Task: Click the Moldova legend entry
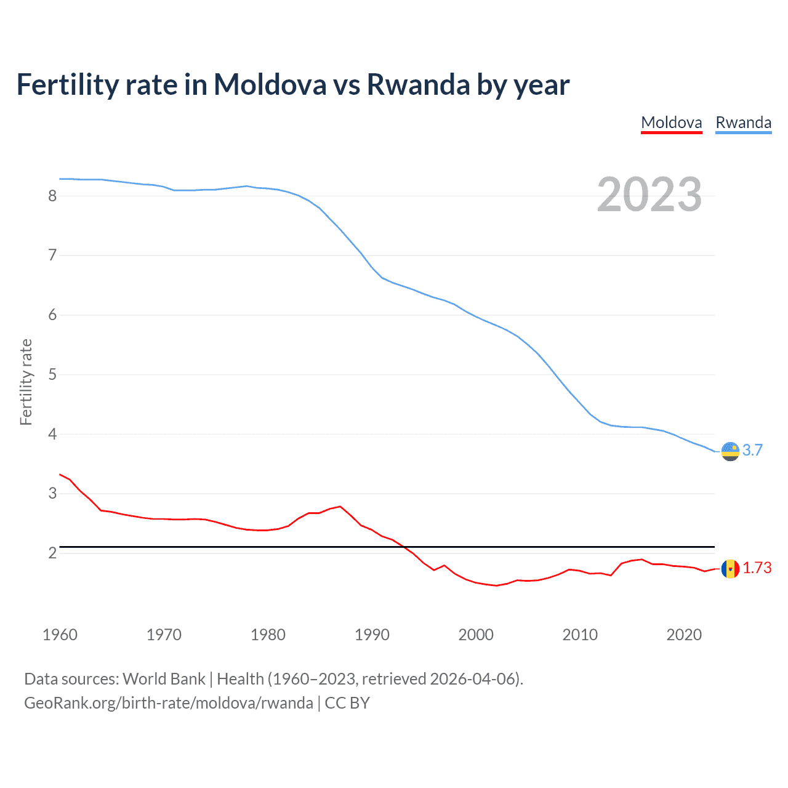671,123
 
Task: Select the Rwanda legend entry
743,123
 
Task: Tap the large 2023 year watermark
649,195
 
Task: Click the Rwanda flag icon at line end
730,451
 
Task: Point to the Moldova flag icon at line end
730,568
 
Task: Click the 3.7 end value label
752,450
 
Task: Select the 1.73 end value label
757,568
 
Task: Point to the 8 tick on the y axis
52,196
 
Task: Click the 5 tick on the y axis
52,374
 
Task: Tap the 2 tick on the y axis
52,553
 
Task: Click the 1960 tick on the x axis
60,635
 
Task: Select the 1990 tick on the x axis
372,635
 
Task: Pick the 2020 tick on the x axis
684,635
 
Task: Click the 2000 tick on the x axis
476,635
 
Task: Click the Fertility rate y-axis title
26,382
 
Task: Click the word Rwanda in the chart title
418,84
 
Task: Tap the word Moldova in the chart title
270,84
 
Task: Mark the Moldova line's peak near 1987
340,506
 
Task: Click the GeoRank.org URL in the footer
168,703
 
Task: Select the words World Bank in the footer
164,679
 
